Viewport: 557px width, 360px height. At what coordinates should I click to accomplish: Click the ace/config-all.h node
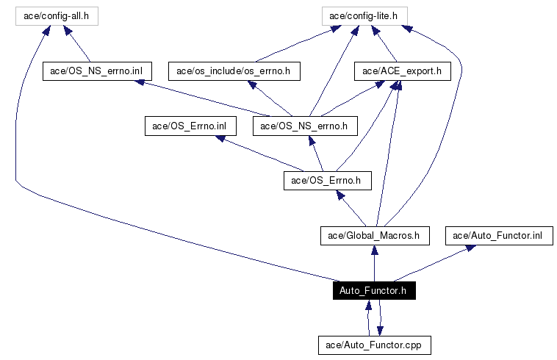coord(57,15)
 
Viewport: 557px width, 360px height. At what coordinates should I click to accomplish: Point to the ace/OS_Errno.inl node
coord(190,126)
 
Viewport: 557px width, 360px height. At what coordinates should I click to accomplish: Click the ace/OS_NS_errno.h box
coord(304,126)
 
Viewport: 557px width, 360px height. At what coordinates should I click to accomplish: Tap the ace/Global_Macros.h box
coord(375,236)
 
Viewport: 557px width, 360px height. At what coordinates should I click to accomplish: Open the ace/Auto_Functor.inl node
coord(498,236)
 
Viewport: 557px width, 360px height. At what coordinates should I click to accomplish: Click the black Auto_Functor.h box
coord(374,291)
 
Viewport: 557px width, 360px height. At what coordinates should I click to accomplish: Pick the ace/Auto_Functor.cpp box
coord(374,344)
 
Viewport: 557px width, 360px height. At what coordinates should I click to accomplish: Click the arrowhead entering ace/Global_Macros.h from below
coord(375,249)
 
